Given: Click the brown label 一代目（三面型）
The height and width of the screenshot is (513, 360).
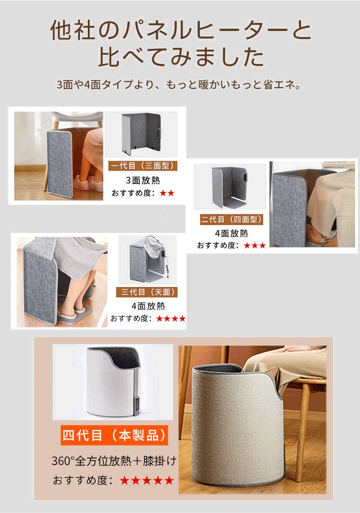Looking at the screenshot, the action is pyautogui.click(x=143, y=166).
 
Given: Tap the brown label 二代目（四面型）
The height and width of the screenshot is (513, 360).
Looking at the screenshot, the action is pyautogui.click(x=232, y=219).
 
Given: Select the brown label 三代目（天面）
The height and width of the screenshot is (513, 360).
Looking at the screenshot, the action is pyautogui.click(x=147, y=292).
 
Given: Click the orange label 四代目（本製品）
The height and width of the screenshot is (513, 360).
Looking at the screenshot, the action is pyautogui.click(x=114, y=435).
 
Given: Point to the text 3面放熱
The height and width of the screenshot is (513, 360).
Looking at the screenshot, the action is pyautogui.click(x=143, y=180).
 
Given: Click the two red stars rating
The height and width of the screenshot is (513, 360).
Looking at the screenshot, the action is pyautogui.click(x=167, y=193).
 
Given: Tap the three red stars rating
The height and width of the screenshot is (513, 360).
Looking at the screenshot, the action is pyautogui.click(x=255, y=245).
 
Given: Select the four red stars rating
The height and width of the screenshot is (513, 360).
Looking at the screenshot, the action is pyautogui.click(x=171, y=318).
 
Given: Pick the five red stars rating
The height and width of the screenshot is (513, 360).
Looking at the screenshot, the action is pyautogui.click(x=147, y=480).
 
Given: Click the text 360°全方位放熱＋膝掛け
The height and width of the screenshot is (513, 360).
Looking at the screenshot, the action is pyautogui.click(x=114, y=461).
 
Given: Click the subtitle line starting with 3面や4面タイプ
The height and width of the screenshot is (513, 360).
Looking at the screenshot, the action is pyautogui.click(x=178, y=84).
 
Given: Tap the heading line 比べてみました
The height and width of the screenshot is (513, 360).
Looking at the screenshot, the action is pyautogui.click(x=181, y=57).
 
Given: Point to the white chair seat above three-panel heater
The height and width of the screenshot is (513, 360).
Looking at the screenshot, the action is pyautogui.click(x=77, y=117).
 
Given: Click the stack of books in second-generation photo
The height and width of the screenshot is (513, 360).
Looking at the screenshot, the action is pyautogui.click(x=338, y=165).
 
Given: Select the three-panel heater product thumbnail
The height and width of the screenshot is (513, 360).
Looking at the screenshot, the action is pyautogui.click(x=141, y=134).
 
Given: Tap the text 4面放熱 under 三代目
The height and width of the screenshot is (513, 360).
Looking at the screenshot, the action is pyautogui.click(x=149, y=306).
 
